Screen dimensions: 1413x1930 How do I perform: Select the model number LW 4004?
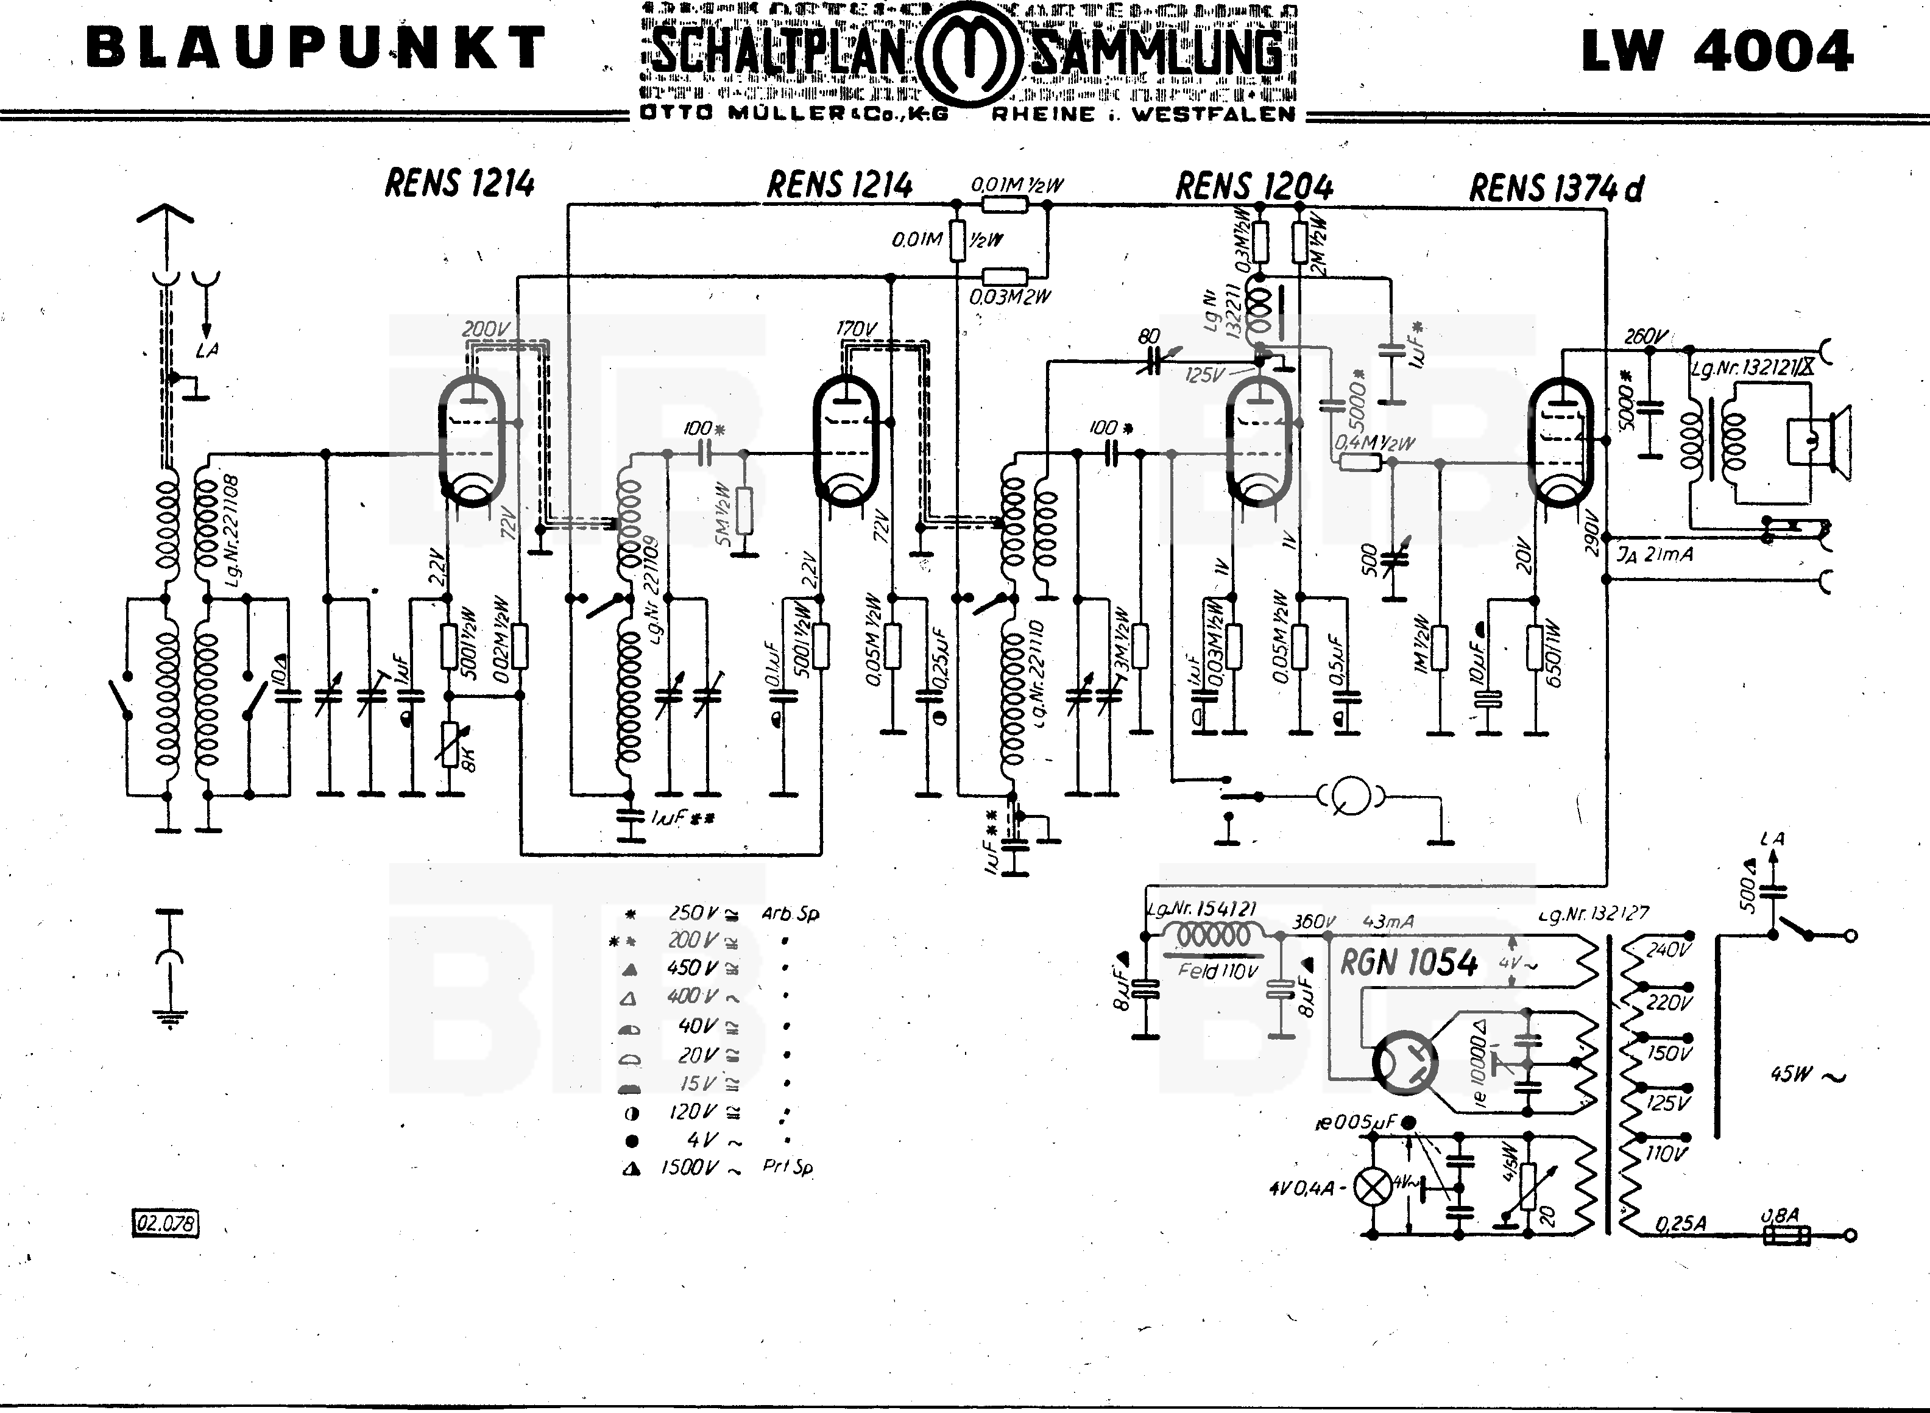[x=1716, y=51]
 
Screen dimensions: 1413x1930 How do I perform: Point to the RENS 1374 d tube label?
[x=1555, y=189]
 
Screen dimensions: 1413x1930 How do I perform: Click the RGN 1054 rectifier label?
[x=1408, y=963]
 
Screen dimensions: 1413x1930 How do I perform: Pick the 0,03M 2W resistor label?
[x=1009, y=297]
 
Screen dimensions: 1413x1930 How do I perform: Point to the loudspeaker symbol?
[x=1822, y=440]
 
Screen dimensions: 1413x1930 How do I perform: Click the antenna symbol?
[x=165, y=214]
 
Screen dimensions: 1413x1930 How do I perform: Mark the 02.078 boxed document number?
[x=165, y=1223]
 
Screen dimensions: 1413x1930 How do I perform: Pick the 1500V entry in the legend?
[x=688, y=1168]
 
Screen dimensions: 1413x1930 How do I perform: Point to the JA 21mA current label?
[x=1655, y=554]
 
